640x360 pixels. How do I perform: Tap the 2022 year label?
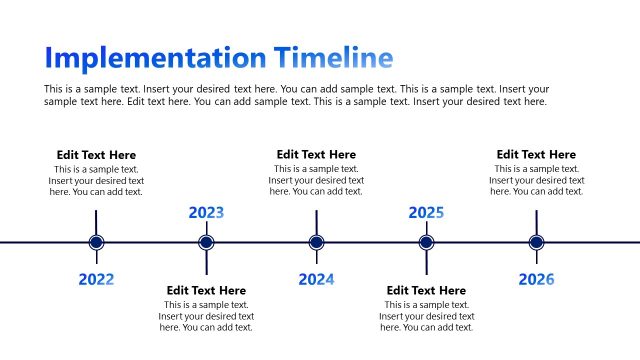(96, 279)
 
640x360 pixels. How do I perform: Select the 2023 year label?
(206, 212)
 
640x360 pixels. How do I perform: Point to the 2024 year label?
(316, 279)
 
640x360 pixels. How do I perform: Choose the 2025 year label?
(426, 212)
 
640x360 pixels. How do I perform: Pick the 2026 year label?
(536, 279)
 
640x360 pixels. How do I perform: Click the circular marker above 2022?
(96, 242)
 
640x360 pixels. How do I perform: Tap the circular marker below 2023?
(206, 242)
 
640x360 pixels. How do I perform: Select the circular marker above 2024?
(316, 242)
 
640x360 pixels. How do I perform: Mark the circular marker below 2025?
(426, 242)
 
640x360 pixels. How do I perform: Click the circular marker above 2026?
(536, 242)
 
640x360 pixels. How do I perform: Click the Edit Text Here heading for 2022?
(96, 155)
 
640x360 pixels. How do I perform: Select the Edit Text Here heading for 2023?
(206, 291)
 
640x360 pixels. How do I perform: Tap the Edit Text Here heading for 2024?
(316, 155)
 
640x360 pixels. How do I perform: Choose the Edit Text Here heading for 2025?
(426, 291)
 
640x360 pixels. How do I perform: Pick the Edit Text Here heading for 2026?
(536, 155)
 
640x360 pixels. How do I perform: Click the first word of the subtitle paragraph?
(54, 89)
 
